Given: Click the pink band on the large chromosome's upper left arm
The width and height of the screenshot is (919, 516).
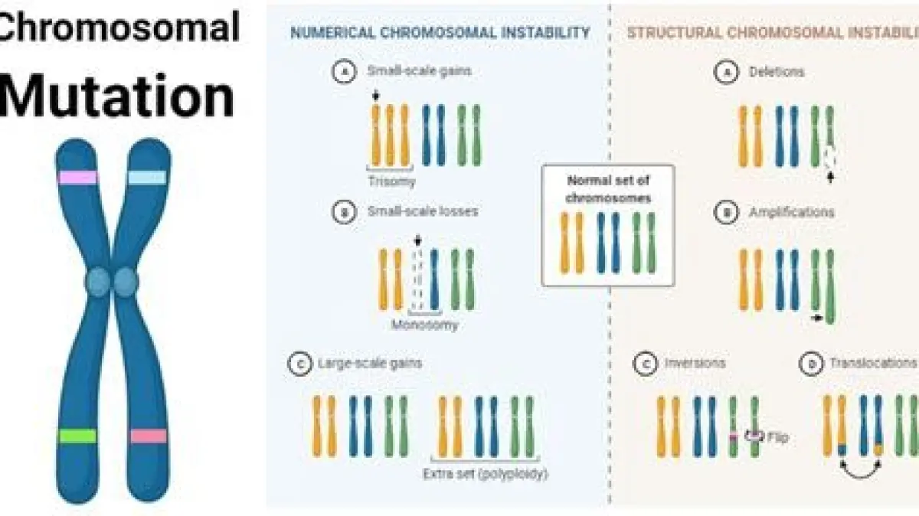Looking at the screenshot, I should coord(78,178).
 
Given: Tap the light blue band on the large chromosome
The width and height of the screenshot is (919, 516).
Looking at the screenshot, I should coord(147,178).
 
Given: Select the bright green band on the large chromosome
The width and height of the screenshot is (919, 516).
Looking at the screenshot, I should coord(78,436).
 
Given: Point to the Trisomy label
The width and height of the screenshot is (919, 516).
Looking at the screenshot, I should coord(391,182).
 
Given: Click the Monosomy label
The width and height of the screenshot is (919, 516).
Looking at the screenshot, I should coord(425,325).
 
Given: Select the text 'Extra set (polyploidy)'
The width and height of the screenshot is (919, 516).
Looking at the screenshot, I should coord(486,474).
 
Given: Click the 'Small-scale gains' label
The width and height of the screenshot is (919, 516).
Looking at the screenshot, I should coord(417,71).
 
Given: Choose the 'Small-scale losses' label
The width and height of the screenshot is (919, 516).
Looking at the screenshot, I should coord(422,211).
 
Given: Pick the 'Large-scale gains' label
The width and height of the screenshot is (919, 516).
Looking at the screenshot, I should coord(370,364).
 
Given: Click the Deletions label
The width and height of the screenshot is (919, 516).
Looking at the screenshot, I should coord(777,72).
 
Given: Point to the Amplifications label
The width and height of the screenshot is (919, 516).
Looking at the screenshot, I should coord(792,212).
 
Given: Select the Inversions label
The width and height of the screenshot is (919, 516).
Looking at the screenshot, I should coord(695,363).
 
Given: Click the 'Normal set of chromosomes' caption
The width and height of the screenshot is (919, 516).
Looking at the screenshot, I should coord(609,189).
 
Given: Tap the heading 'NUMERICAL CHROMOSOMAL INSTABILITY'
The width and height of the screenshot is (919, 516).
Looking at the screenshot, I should coord(440,33).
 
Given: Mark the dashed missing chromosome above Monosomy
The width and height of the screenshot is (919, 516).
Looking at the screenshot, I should coord(417,280).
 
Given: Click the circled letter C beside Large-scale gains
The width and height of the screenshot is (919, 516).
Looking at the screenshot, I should coord(297,364).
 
